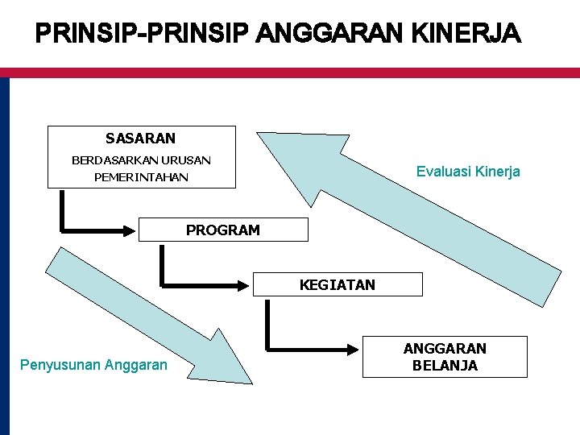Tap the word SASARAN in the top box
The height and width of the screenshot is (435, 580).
140,139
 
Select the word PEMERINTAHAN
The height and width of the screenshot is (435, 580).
141,176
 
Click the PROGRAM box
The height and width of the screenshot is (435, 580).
223,230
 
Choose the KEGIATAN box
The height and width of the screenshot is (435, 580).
338,284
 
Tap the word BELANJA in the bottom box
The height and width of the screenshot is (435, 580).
445,366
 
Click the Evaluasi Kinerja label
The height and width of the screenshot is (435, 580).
468,172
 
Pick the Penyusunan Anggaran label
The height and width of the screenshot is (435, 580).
93,366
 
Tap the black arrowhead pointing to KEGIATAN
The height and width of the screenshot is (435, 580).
245,284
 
